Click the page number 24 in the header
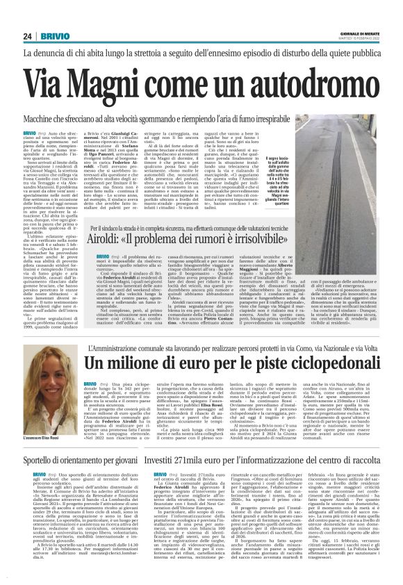(28, 37)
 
